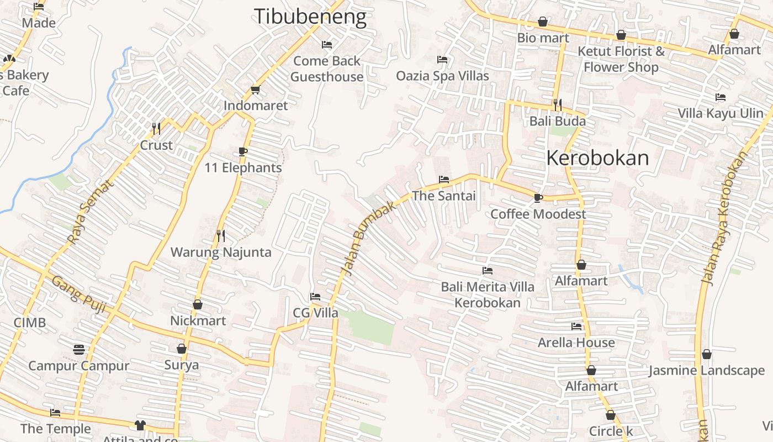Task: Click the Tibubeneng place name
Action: tap(310, 17)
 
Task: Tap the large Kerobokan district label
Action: tap(597, 158)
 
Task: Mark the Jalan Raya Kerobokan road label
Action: tap(723, 218)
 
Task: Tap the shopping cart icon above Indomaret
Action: tap(255, 90)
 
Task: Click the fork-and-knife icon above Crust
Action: tap(156, 129)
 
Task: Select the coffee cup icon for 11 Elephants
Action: tap(242, 152)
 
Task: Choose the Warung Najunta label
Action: tap(221, 252)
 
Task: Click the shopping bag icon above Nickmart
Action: tap(198, 304)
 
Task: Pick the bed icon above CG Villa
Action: tap(315, 297)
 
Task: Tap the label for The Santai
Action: tap(444, 196)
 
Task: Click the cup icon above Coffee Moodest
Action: tap(538, 198)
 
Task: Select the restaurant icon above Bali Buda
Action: tap(558, 104)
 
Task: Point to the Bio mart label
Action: tap(543, 38)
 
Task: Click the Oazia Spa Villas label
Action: tap(442, 76)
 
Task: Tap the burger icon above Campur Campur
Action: tap(79, 349)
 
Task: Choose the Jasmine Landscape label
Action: tap(706, 370)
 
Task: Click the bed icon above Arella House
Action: tap(576, 327)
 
